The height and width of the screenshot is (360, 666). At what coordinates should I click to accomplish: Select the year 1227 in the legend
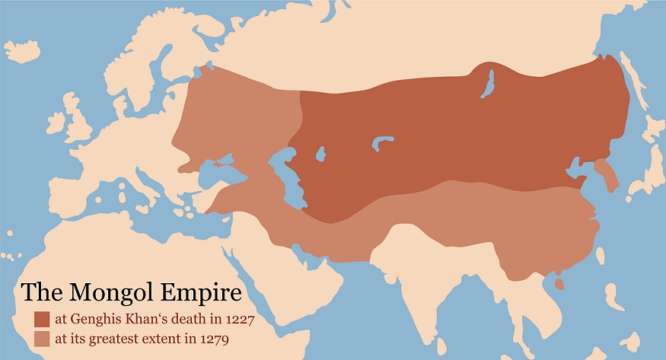click(237, 319)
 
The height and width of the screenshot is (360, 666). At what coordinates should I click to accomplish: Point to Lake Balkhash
click(381, 142)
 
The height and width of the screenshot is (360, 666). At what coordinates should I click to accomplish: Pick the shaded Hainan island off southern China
click(560, 284)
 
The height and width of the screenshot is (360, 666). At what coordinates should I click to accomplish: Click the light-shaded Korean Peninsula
click(607, 174)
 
